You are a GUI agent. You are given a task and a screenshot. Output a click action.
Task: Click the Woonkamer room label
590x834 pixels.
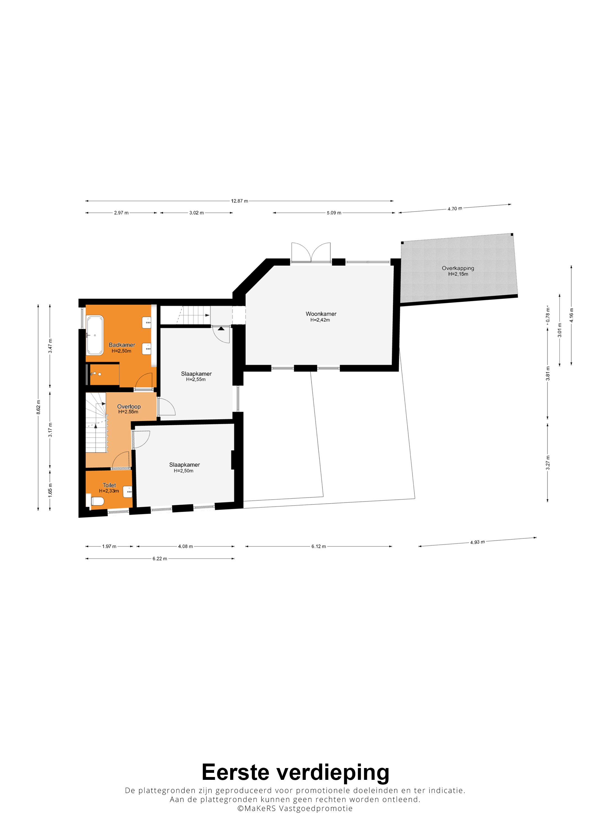tap(321, 314)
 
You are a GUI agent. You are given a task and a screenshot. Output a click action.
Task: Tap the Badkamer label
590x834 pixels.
tap(122, 345)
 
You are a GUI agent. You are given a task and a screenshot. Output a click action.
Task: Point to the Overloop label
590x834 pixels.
tap(129, 406)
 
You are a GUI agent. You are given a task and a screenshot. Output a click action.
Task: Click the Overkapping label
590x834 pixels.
tap(458, 268)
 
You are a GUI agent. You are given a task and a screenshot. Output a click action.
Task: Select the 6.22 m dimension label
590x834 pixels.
tap(160, 559)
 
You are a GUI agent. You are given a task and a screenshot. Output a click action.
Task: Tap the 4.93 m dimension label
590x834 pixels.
tap(477, 542)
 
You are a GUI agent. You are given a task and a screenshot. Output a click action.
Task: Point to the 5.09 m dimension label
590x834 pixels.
tap(334, 213)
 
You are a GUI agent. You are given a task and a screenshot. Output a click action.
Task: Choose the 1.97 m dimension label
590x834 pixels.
tap(109, 546)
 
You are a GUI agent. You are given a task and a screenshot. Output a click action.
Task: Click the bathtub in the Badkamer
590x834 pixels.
tap(95, 335)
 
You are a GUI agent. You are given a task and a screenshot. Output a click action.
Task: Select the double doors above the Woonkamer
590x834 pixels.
tap(311, 252)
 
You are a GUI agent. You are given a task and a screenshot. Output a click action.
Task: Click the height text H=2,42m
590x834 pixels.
tap(320, 320)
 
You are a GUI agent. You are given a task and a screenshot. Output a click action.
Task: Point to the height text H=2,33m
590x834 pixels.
tap(109, 491)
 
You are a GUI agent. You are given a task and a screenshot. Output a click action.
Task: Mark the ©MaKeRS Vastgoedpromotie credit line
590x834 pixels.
tap(295, 808)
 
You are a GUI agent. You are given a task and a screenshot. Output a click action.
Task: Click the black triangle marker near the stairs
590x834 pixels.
tap(221, 328)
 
